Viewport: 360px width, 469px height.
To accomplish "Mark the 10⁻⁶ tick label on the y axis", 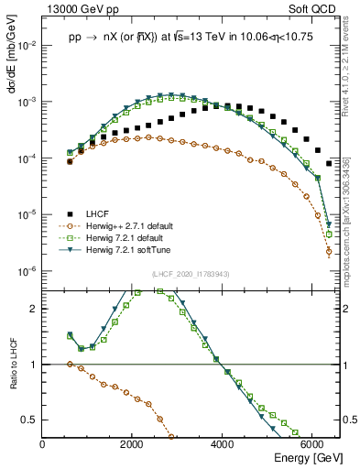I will tap(27, 271).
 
